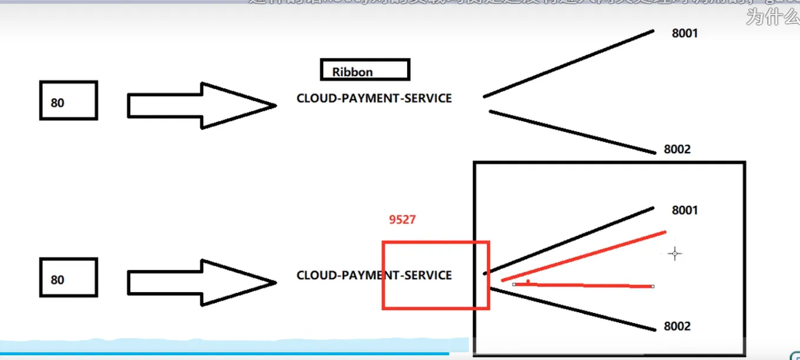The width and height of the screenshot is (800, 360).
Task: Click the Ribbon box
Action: (x=365, y=70)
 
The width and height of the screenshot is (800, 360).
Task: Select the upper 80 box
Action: (x=68, y=101)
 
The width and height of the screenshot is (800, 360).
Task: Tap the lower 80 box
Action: (x=68, y=278)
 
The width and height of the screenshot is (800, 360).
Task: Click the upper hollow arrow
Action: (x=200, y=105)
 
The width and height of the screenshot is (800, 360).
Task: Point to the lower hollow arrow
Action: (x=200, y=282)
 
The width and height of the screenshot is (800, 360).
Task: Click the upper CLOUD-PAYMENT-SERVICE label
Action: (x=374, y=98)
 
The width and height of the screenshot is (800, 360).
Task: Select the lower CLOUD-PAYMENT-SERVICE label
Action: (x=374, y=275)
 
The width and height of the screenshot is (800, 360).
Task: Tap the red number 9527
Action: (x=402, y=220)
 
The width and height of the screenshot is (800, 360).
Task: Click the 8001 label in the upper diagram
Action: (x=685, y=33)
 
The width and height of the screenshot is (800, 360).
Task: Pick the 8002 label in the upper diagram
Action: (x=677, y=149)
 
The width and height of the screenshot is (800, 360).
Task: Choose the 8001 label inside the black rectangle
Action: (x=685, y=210)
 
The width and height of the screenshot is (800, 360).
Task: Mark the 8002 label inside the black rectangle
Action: (x=677, y=326)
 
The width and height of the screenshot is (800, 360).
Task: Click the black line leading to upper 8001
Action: (x=568, y=64)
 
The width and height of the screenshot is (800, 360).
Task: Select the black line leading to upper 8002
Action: (x=571, y=132)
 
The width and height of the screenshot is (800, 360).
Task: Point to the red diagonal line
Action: (x=583, y=256)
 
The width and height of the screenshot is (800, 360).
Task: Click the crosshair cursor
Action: (x=675, y=254)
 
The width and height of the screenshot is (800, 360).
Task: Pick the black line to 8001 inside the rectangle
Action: (x=568, y=240)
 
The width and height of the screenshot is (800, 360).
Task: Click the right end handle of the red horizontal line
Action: (x=653, y=286)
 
